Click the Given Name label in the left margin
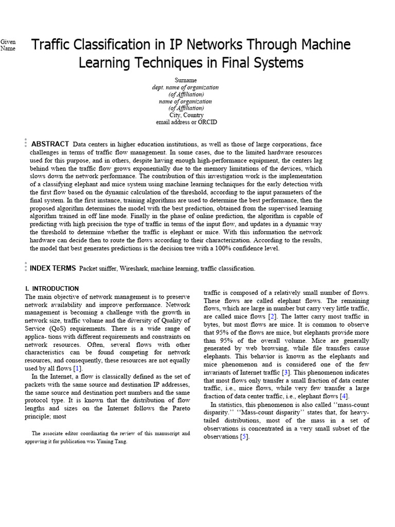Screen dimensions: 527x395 click(8, 45)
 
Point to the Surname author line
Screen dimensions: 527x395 click(185, 80)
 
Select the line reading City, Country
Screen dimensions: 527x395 click(186, 115)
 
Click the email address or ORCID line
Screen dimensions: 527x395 click(186, 122)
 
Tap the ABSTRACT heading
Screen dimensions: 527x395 click(50, 144)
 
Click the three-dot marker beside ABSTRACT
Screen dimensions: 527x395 click(25, 144)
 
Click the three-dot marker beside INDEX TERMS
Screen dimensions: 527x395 click(25, 267)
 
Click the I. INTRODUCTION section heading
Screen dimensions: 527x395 click(52, 289)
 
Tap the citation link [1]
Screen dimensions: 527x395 click(77, 368)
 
